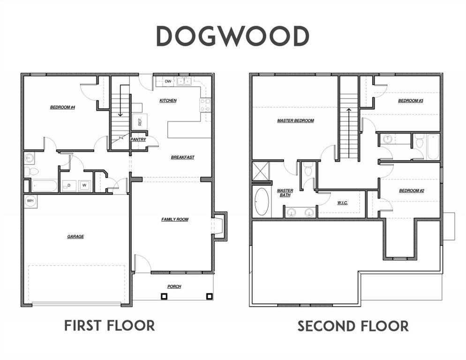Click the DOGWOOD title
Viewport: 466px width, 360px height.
(233, 36)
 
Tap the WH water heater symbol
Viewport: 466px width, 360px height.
(30, 201)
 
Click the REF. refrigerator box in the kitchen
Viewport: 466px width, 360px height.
(140, 121)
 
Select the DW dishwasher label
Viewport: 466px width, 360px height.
(168, 81)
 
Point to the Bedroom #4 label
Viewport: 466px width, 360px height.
(62, 107)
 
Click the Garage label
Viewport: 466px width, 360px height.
(75, 237)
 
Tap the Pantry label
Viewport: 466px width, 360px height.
(138, 139)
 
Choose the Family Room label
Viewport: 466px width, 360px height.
(175, 219)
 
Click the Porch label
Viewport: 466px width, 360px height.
(174, 286)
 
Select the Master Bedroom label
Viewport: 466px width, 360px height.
(295, 120)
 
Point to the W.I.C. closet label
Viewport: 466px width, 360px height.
(342, 203)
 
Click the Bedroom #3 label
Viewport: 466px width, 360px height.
(411, 101)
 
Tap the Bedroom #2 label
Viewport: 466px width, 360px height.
(412, 191)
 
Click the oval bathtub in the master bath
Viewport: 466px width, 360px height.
(262, 202)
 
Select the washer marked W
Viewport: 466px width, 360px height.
(84, 186)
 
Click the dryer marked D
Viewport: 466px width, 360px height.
(69, 186)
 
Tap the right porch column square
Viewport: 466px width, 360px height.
(210, 296)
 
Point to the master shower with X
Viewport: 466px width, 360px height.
(260, 171)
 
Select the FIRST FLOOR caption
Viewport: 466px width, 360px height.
(110, 325)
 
